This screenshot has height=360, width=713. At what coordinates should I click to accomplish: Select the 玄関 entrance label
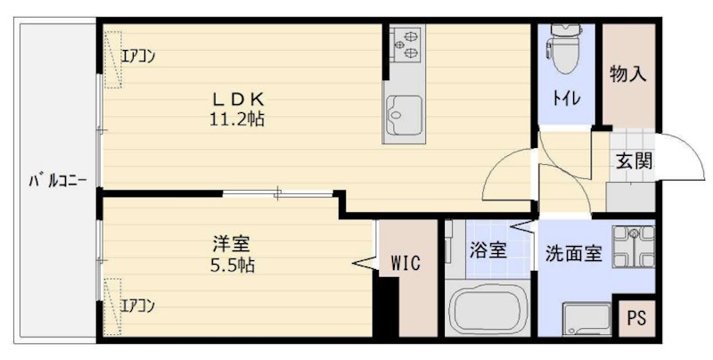coord(634,160)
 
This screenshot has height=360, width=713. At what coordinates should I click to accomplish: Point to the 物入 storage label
coord(627,74)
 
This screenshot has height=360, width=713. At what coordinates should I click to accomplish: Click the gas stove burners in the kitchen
coord(406,42)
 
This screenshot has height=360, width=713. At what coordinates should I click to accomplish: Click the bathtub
coord(485,307)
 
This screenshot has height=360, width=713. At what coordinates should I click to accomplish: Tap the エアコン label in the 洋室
coord(138,306)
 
